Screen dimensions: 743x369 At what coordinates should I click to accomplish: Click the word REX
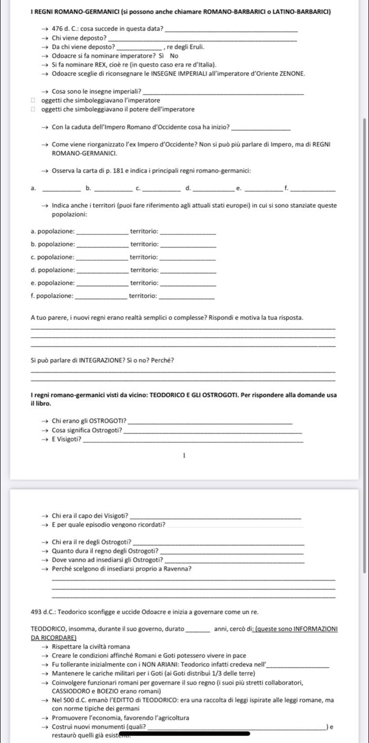click(x=99, y=64)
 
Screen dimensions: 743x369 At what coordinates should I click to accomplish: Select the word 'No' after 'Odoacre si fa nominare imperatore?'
click(x=174, y=55)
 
